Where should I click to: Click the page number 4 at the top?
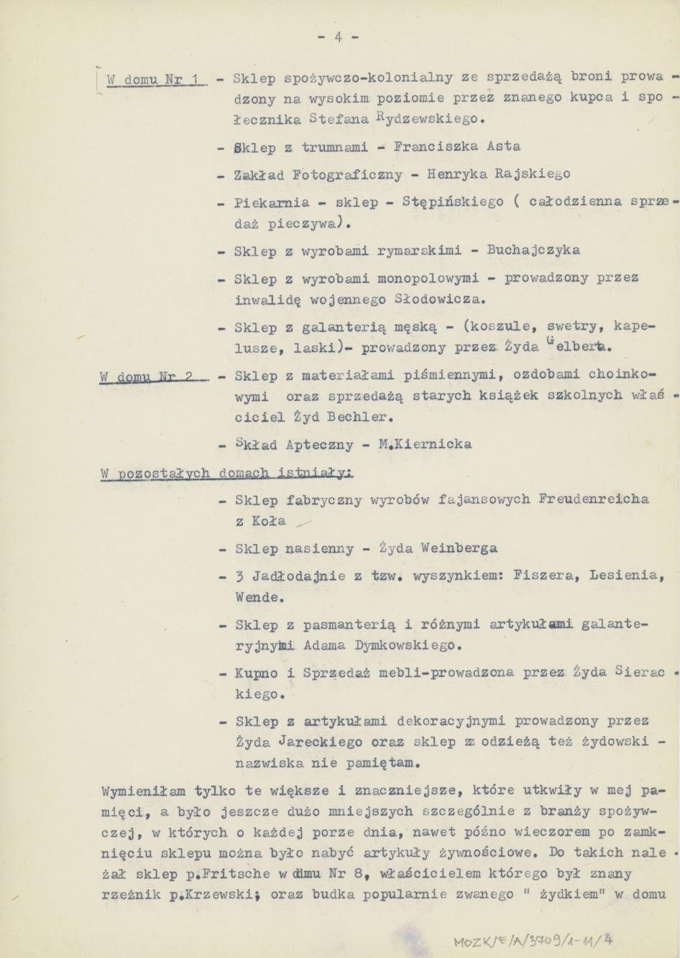[x=337, y=38]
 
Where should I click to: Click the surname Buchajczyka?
[x=533, y=251]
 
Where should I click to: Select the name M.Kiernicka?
[x=425, y=445]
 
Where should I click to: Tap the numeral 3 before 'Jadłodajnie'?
[x=239, y=576]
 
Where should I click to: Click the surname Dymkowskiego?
[x=408, y=645]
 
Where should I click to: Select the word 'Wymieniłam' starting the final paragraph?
[x=143, y=791]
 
